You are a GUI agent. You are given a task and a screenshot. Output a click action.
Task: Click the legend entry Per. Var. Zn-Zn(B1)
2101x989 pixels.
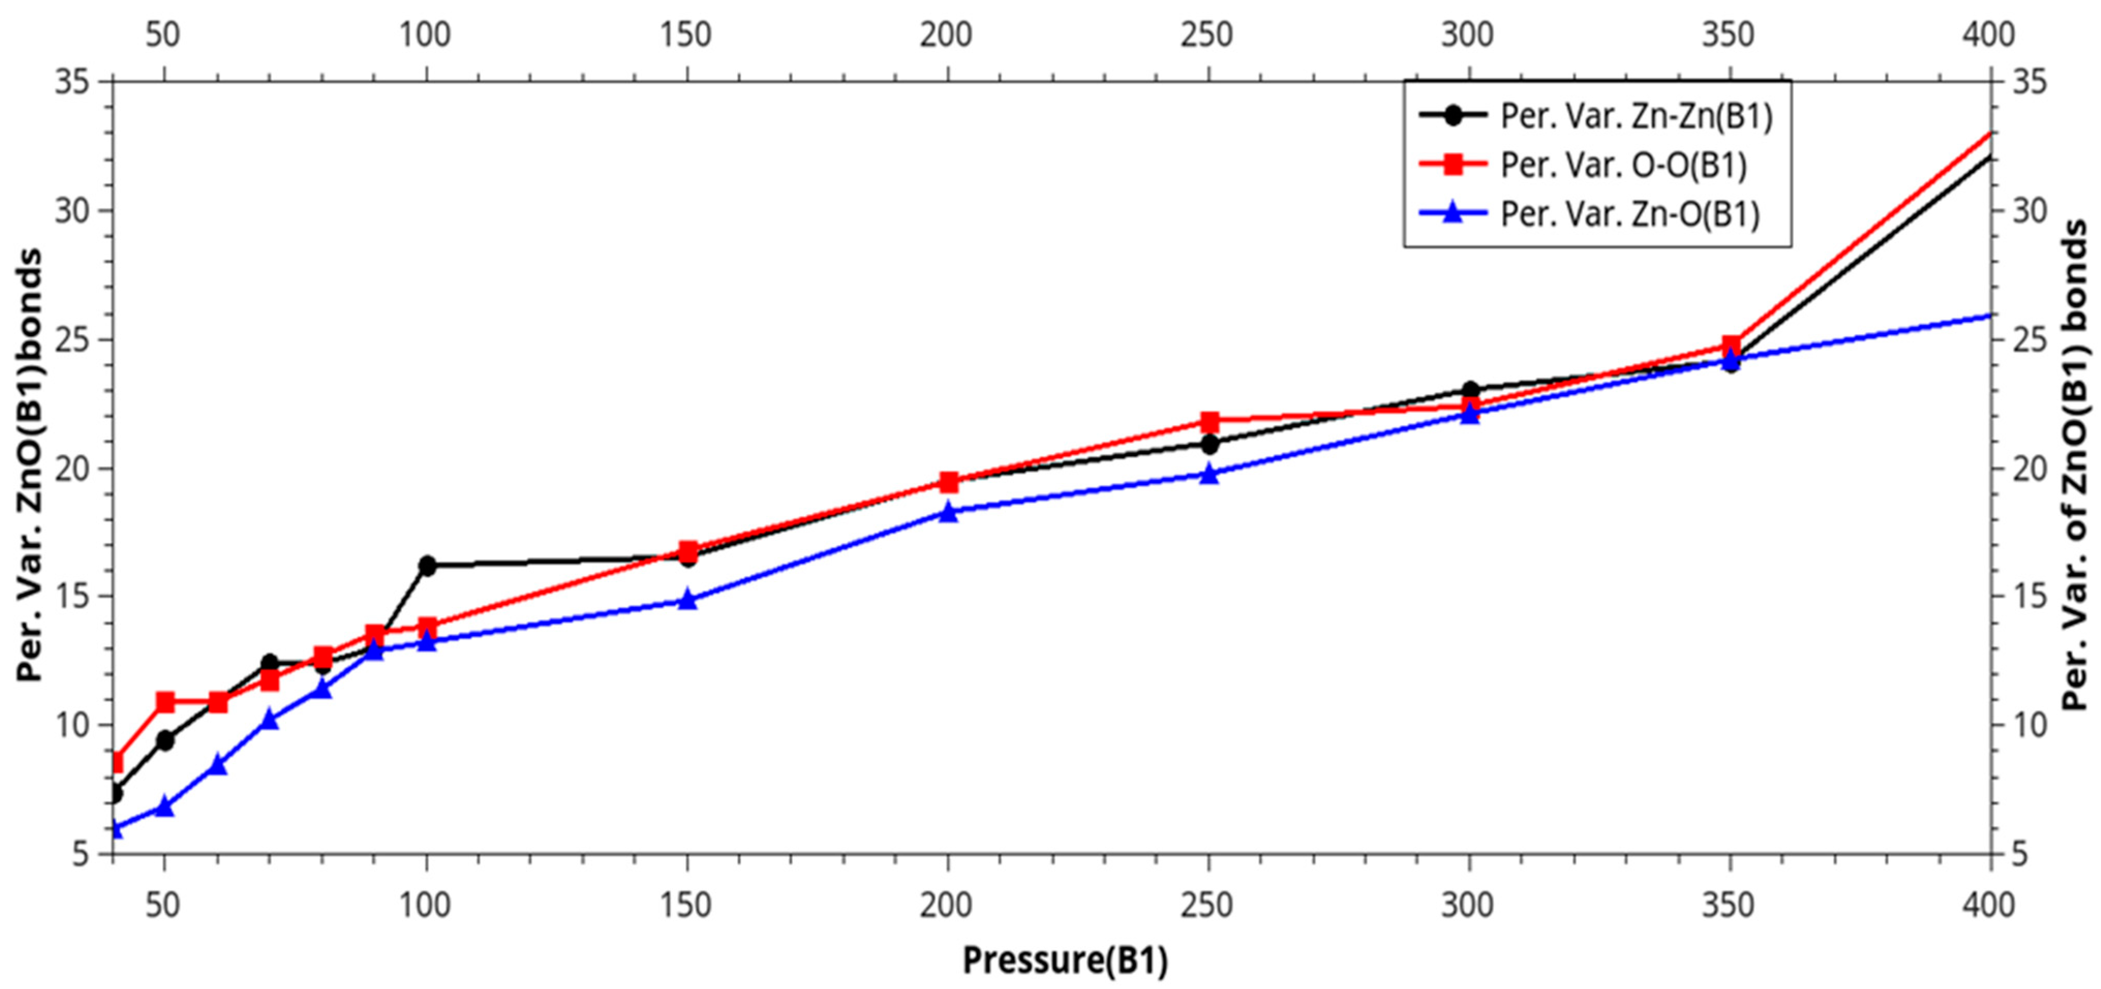click(x=1635, y=117)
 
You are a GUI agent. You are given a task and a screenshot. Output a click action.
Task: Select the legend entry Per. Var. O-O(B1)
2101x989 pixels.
click(x=1623, y=165)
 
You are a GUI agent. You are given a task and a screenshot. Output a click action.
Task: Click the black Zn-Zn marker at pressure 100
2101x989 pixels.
click(x=426, y=565)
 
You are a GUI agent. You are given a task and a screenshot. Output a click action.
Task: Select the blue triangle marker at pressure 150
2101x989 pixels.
click(x=687, y=600)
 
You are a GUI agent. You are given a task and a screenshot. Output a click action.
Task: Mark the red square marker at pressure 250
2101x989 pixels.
click(x=1209, y=422)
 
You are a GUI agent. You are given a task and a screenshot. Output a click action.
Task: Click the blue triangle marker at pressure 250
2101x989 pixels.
click(x=1209, y=474)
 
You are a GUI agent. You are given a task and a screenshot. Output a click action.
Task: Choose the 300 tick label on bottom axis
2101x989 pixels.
click(x=1468, y=905)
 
